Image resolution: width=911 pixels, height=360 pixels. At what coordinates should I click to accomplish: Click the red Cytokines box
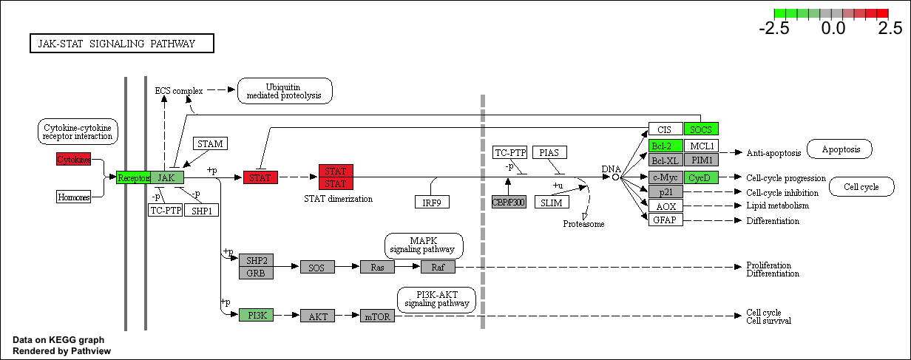tap(74, 159)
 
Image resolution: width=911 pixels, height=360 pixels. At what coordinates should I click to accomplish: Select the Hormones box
tap(74, 197)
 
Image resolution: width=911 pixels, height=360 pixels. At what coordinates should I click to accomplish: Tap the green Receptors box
tap(133, 177)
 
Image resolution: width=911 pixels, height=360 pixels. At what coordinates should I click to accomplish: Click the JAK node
tap(167, 177)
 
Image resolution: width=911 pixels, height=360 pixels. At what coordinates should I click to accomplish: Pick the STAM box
tap(210, 143)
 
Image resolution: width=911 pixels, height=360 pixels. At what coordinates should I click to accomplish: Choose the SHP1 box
tap(202, 210)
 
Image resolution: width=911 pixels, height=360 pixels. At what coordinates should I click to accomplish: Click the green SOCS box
tap(701, 129)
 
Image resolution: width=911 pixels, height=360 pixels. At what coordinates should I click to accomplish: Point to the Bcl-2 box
tap(666, 146)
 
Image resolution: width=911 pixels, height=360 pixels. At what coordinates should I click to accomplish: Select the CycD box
tap(701, 177)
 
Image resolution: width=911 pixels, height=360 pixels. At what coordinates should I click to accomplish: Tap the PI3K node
tap(256, 315)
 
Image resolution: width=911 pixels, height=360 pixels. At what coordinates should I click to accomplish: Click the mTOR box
tap(377, 316)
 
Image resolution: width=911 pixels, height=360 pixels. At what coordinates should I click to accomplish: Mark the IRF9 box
tap(433, 202)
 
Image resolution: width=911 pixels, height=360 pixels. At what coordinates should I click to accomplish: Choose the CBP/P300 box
tap(509, 202)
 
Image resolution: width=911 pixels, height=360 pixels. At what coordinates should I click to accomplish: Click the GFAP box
tap(666, 220)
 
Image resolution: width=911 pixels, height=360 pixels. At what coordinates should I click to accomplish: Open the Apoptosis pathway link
tap(839, 149)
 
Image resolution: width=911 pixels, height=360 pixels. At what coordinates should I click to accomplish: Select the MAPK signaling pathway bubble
tap(424, 245)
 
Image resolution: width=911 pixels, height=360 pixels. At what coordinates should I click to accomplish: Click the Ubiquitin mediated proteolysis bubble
tap(285, 91)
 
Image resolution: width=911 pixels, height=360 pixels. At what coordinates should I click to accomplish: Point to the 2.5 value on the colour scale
tap(890, 29)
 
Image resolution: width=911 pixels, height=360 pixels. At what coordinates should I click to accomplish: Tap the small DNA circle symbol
tap(615, 177)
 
